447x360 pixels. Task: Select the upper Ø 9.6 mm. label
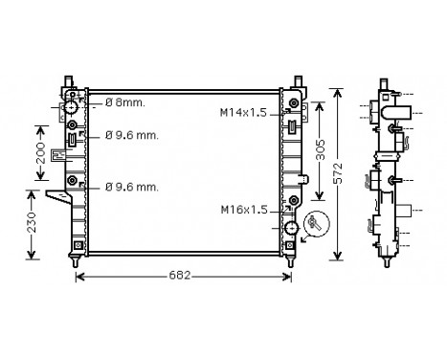[132, 135]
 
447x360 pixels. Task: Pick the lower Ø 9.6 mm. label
[132, 185]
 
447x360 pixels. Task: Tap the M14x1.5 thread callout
[245, 114]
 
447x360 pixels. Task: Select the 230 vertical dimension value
[33, 223]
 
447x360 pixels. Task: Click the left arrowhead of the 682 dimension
[78, 278]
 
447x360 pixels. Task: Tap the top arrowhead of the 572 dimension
[337, 91]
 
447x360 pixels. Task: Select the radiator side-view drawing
[389, 172]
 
